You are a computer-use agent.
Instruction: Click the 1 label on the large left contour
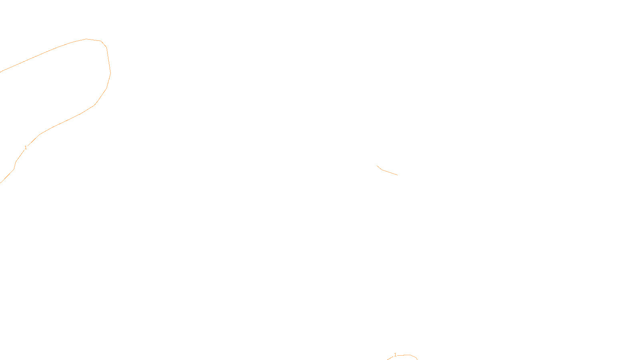click(x=26, y=148)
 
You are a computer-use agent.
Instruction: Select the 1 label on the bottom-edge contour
click(x=395, y=355)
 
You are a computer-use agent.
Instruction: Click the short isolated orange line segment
click(x=388, y=172)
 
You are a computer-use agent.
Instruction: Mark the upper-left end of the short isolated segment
click(x=377, y=166)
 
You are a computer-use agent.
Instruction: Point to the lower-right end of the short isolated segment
click(x=397, y=175)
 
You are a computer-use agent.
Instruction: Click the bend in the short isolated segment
click(x=382, y=170)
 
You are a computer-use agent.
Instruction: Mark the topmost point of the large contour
click(x=87, y=39)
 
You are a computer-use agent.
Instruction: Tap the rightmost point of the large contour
click(x=110, y=73)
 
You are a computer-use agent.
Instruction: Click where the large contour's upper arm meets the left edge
click(x=1, y=72)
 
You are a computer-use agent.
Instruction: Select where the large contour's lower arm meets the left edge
click(x=1, y=182)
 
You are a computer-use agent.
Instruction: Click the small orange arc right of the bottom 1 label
click(x=410, y=356)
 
